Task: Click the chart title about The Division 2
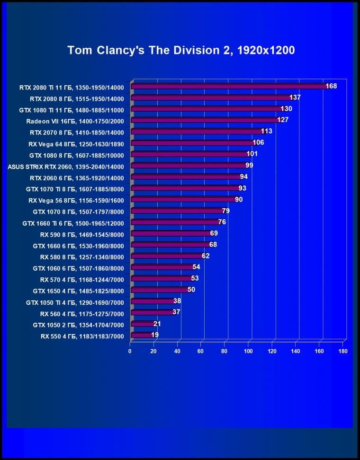[181, 50]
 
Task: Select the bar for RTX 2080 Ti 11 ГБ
[227, 86]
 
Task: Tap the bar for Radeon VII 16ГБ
[204, 120]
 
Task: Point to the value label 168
[331, 86]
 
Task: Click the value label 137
[295, 97]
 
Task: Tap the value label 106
[258, 142]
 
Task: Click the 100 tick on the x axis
[248, 352]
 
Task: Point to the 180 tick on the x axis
[343, 352]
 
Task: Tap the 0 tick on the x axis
[130, 352]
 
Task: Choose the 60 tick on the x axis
[201, 352]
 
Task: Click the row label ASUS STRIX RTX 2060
[65, 166]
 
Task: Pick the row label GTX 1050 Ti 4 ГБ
[75, 301]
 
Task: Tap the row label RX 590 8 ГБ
[82, 233]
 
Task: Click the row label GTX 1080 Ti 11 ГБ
[76, 109]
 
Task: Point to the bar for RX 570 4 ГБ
[161, 278]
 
